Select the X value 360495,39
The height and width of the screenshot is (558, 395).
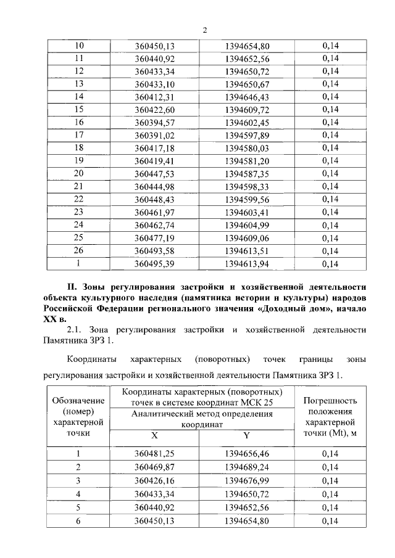(x=155, y=265)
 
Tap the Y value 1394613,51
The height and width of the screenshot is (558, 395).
(x=247, y=251)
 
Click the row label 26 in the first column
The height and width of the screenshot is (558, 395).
(x=78, y=251)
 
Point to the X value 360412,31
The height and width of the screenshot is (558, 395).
(x=155, y=96)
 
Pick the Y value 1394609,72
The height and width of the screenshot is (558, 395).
(x=247, y=110)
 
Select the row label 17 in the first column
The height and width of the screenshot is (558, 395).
(x=78, y=135)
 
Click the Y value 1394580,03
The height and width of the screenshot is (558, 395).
(x=247, y=148)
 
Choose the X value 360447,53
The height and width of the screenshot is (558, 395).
(x=155, y=174)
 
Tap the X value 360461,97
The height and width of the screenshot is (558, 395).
(x=155, y=213)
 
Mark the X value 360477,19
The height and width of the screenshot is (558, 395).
(x=155, y=238)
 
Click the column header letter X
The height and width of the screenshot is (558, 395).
(x=155, y=435)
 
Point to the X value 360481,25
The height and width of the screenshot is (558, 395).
(x=155, y=455)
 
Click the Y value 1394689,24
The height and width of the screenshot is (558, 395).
(x=247, y=468)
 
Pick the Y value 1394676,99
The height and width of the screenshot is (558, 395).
(x=247, y=481)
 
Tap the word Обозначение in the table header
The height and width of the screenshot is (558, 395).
(x=78, y=401)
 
